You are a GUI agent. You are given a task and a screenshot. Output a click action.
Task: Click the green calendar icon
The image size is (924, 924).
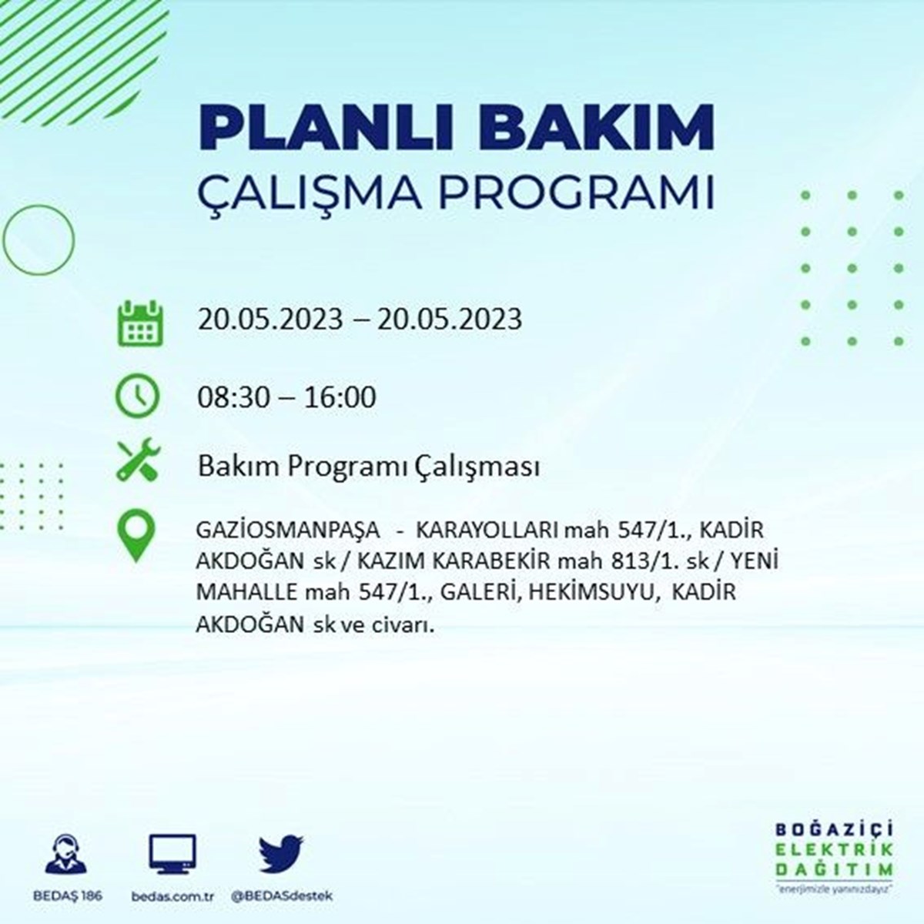click(x=140, y=323)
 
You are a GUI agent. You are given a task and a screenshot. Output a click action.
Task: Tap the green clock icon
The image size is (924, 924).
click(x=138, y=396)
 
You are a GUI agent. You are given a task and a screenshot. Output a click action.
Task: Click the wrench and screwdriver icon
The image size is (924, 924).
click(x=139, y=460)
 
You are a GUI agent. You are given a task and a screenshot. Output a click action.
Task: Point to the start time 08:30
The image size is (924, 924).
click(x=233, y=397)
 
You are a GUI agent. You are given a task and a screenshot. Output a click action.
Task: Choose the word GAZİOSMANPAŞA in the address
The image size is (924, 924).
click(x=288, y=531)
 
